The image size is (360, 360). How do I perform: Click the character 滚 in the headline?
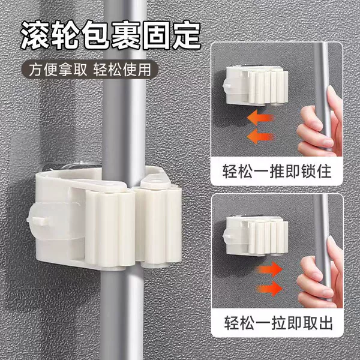click(35, 35)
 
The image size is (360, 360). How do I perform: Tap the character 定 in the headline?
click(187, 35)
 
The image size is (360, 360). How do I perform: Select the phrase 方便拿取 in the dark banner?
click(58, 70)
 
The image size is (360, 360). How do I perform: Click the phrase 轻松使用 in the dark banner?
click(122, 70)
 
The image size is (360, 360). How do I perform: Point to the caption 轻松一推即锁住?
click(277, 171)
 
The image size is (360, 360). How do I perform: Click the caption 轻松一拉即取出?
click(278, 323)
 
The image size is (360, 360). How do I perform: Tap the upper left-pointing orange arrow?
click(260, 118)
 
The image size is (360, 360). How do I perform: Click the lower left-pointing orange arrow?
click(260, 136)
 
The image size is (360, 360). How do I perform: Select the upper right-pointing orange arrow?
click(269, 269)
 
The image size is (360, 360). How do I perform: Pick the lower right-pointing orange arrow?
click(269, 289)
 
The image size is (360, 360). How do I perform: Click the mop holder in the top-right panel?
click(256, 86)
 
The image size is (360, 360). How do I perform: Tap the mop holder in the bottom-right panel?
click(256, 236)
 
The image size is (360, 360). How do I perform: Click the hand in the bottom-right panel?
click(320, 273)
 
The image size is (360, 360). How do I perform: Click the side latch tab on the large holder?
click(38, 221)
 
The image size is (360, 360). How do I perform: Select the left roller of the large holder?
click(110, 229)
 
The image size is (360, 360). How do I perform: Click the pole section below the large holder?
click(123, 314)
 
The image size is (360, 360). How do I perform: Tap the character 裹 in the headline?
click(126, 35)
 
